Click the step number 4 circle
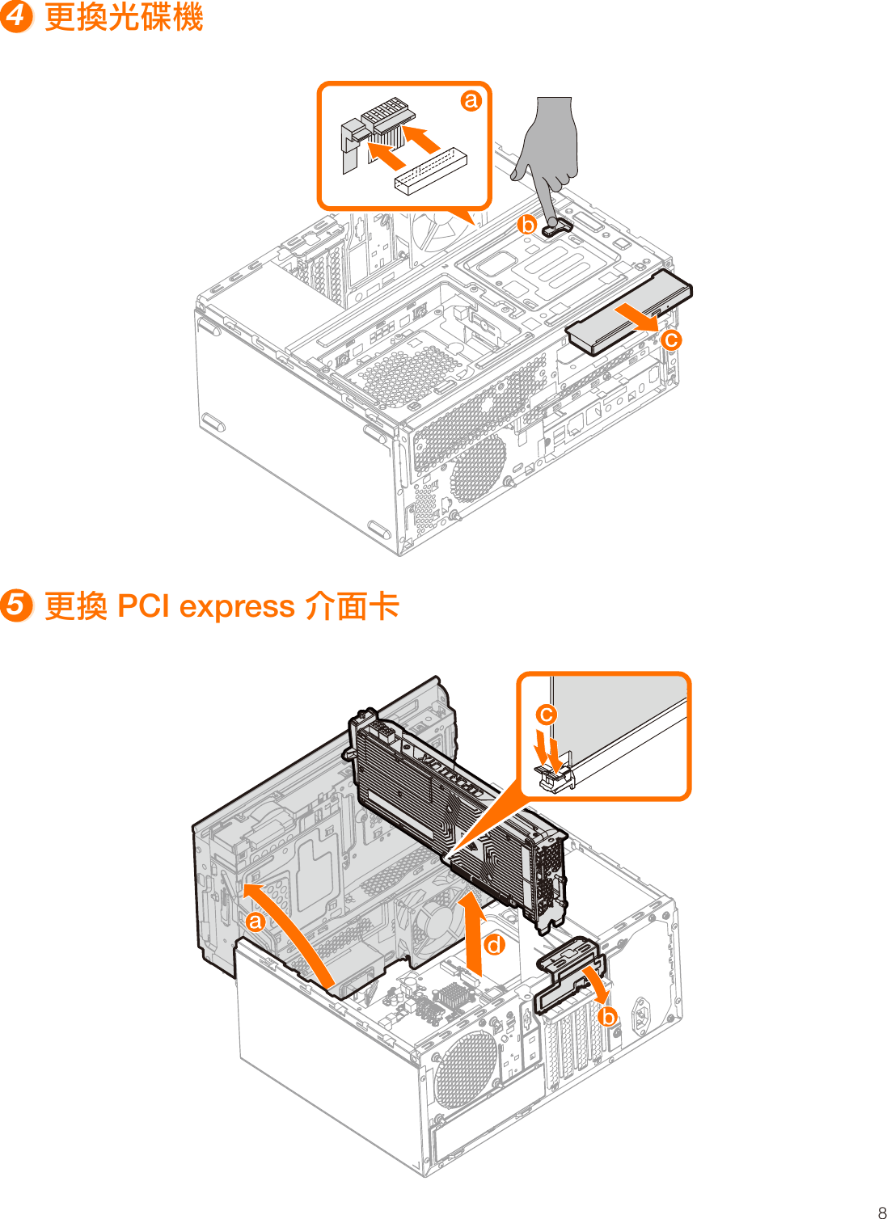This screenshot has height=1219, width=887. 15,16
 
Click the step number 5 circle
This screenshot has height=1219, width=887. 15,605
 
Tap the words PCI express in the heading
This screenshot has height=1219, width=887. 205,606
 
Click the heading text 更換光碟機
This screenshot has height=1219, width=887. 123,17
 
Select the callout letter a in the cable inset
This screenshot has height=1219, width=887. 471,101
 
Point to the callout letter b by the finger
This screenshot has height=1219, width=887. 527,225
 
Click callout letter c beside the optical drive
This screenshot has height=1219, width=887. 670,340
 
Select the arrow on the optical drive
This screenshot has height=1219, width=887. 639,318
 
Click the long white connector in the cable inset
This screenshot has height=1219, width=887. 430,171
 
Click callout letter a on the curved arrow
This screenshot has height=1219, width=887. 256,922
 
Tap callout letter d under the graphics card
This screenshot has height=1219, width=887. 494,945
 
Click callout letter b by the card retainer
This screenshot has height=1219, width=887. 608,1017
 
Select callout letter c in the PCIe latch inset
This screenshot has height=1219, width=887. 547,715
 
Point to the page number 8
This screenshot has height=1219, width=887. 881,1213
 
